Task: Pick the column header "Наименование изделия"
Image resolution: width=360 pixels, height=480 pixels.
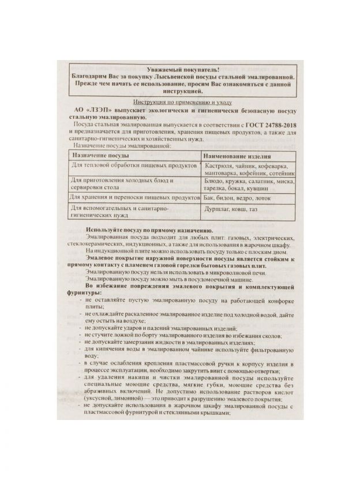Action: (237, 156)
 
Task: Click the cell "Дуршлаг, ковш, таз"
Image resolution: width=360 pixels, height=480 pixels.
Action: (230, 209)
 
